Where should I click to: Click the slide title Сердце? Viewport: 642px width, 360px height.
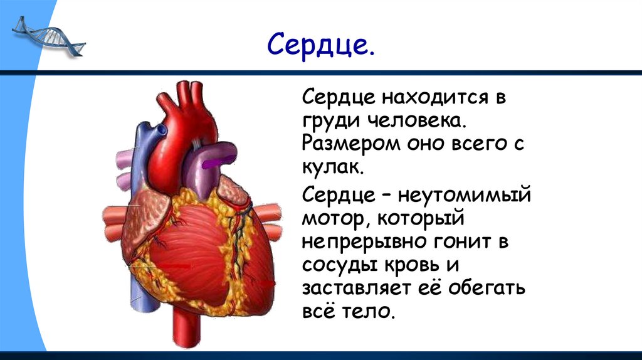click(x=321, y=46)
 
